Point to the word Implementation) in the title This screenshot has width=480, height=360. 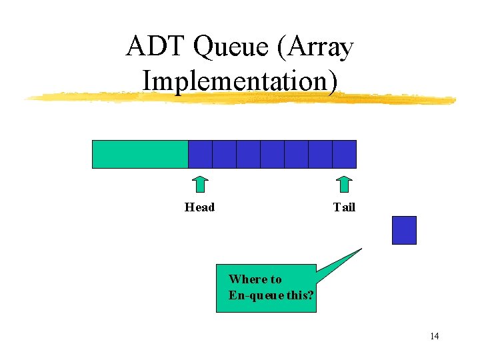[x=240, y=80]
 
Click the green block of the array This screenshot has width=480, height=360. [x=140, y=154]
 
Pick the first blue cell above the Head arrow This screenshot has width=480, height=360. [x=200, y=154]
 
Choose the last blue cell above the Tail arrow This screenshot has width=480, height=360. [x=344, y=154]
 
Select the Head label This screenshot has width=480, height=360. [x=199, y=207]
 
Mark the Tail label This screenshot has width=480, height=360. [x=344, y=207]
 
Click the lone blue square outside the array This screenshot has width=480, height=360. [x=404, y=230]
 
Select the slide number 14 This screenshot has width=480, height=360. [x=434, y=336]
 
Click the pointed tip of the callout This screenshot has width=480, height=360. [x=361, y=249]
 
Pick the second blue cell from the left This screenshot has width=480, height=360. [x=224, y=154]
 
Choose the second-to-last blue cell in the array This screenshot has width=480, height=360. [x=320, y=154]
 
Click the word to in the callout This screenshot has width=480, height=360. [x=275, y=279]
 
